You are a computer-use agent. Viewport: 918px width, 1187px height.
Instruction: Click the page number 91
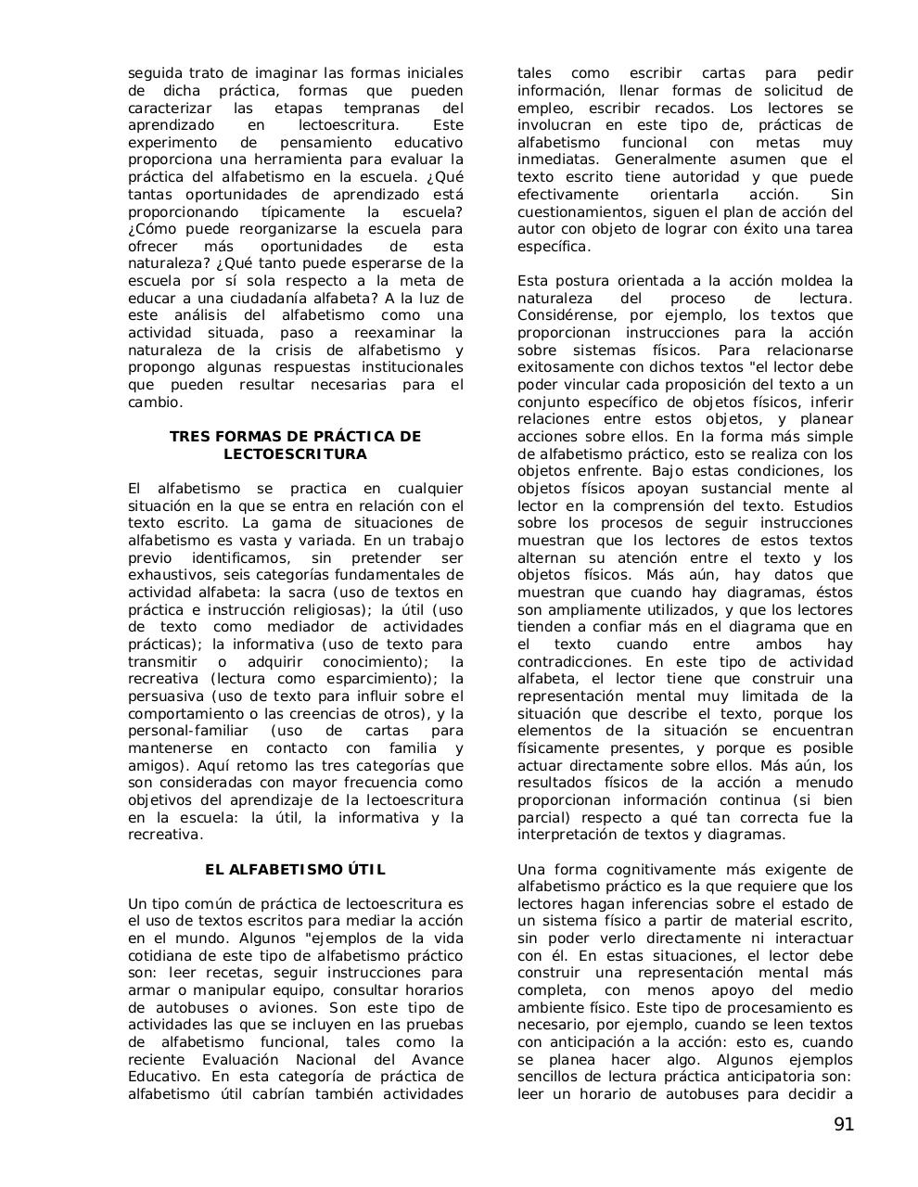pyautogui.click(x=843, y=1125)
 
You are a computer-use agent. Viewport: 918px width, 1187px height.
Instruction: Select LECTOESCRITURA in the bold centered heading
pyautogui.click(x=295, y=454)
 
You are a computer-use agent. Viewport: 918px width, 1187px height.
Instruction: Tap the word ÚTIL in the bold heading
pyautogui.click(x=365, y=870)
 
